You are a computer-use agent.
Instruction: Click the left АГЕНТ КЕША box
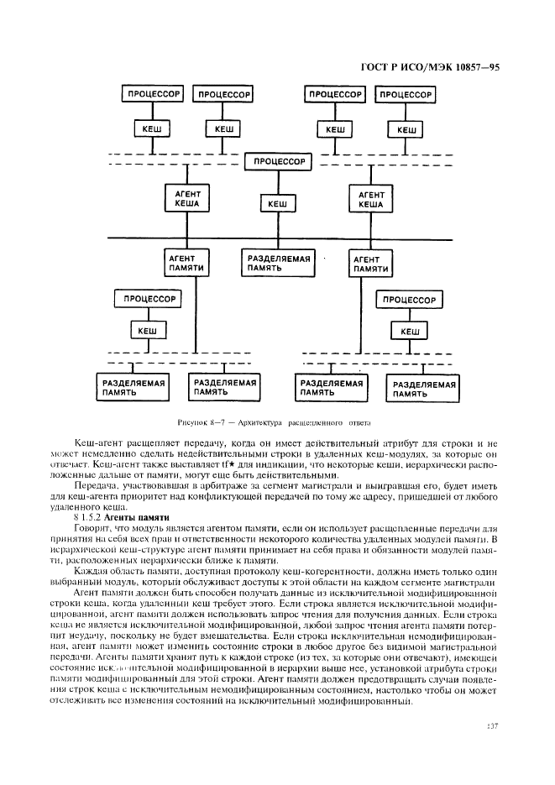pos(186,199)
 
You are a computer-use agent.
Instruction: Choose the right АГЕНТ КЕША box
pos(370,199)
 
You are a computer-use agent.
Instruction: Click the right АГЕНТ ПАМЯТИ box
pos(370,263)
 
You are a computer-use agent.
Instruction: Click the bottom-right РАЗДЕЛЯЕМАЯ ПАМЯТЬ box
pos(424,388)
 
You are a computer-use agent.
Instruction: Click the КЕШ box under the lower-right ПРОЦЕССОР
pos(410,332)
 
